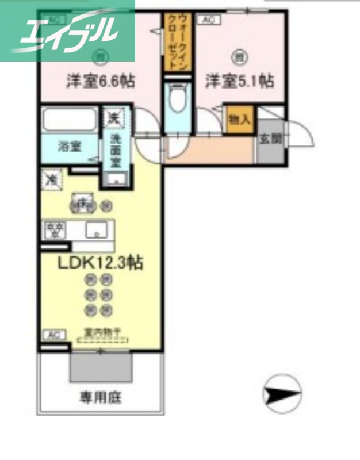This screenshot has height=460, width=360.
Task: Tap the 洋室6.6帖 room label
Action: click(x=101, y=82)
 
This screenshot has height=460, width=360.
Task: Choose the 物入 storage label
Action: click(x=239, y=120)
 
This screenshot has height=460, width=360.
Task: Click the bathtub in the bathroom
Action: click(x=70, y=121)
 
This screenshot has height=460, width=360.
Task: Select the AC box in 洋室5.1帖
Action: click(x=208, y=20)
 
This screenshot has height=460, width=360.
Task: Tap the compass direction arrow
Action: click(x=282, y=395)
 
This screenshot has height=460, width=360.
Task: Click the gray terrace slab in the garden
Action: click(x=101, y=366)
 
